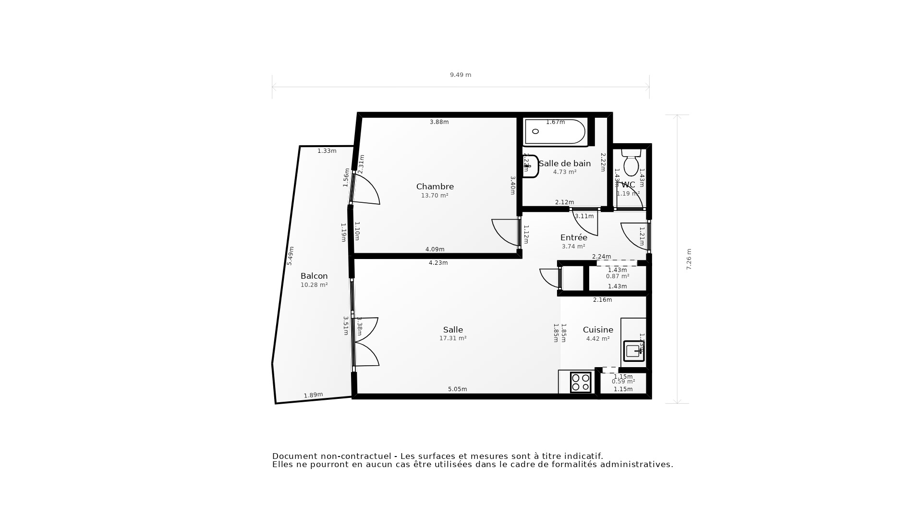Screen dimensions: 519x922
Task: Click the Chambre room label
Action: pos(435,186)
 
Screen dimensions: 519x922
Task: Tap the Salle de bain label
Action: pos(564,163)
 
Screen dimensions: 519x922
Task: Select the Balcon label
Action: pos(314,276)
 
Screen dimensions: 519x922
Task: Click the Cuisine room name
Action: pos(598,330)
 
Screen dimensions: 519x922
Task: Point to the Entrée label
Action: pos(573,237)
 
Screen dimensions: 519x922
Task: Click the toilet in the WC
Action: pos(631,162)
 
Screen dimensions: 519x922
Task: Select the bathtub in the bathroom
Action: pos(555,132)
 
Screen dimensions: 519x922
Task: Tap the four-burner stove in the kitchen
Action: pos(581,383)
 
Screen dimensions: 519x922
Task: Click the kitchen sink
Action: pos(633,351)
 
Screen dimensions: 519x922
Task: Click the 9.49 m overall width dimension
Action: pos(460,75)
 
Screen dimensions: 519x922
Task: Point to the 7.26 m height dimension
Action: pos(689,259)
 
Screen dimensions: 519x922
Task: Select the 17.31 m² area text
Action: pos(453,338)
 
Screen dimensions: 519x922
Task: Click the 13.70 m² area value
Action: pos(435,196)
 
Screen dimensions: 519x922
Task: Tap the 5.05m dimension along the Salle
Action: pos(457,389)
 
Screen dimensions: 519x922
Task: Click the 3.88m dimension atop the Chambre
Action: pos(439,122)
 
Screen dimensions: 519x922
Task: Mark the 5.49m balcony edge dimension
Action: pos(290,256)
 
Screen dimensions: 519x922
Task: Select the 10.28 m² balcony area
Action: pos(314,285)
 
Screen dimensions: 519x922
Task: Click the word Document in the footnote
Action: pos(294,456)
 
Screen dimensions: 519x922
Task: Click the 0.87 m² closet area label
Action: pos(618,276)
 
